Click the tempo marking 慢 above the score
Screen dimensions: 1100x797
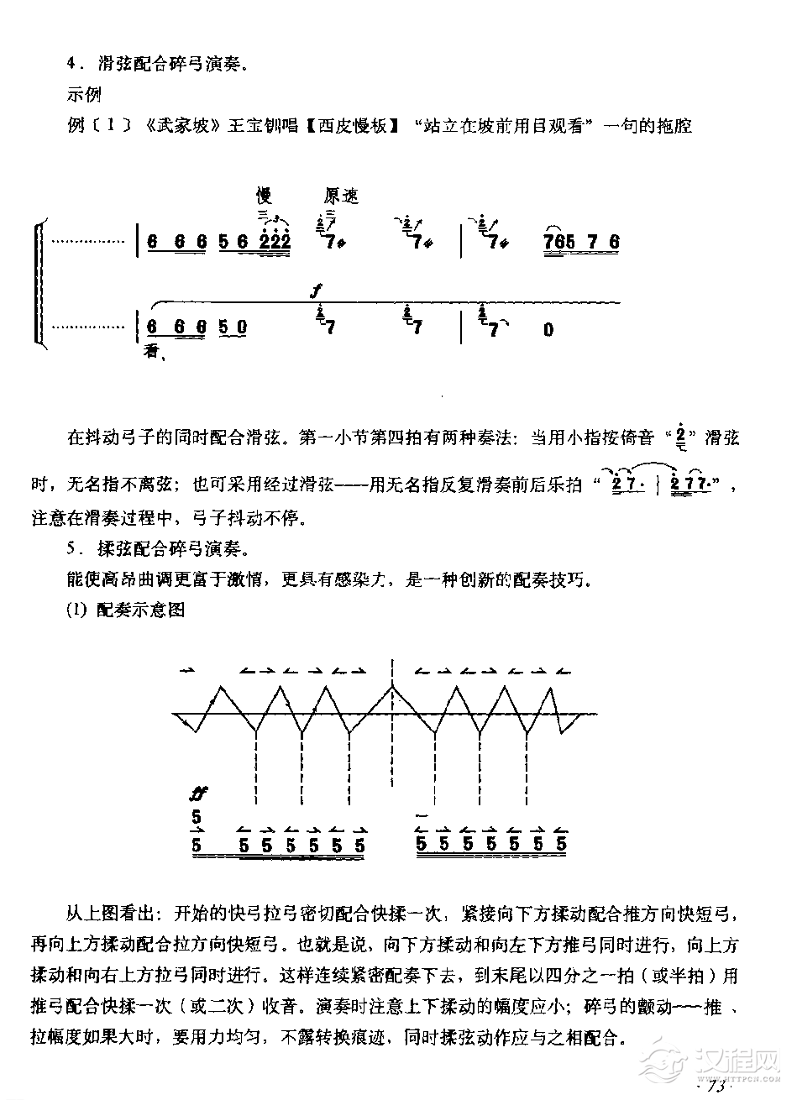click(265, 196)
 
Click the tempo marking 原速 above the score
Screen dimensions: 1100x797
click(340, 196)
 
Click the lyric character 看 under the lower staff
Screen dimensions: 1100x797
click(152, 351)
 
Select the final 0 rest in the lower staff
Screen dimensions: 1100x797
click(548, 330)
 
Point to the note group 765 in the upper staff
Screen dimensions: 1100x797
click(560, 243)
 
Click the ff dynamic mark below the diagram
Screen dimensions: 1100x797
click(199, 793)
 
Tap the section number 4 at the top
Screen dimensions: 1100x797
click(71, 63)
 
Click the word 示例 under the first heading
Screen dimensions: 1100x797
click(83, 95)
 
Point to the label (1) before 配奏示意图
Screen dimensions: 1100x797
click(76, 610)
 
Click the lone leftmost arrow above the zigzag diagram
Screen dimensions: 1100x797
click(186, 670)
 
